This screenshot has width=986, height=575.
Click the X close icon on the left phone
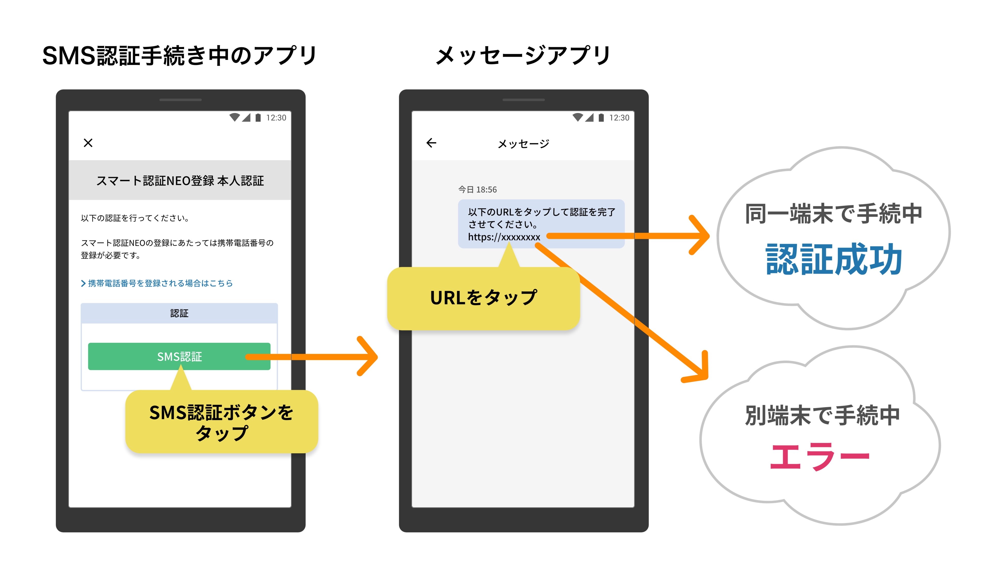pos(88,143)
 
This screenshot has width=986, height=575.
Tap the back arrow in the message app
pos(431,143)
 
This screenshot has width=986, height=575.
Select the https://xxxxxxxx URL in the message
pos(504,237)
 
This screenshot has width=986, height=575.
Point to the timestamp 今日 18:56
pos(477,189)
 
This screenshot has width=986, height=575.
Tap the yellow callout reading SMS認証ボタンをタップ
pos(221,422)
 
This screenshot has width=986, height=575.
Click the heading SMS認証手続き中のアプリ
pos(180,56)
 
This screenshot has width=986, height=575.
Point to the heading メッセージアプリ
pos(523,56)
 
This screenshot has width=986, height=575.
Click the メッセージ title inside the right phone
pos(523,144)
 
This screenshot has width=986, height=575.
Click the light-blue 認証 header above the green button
pos(179,313)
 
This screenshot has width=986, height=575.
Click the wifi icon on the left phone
pos(234,117)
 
